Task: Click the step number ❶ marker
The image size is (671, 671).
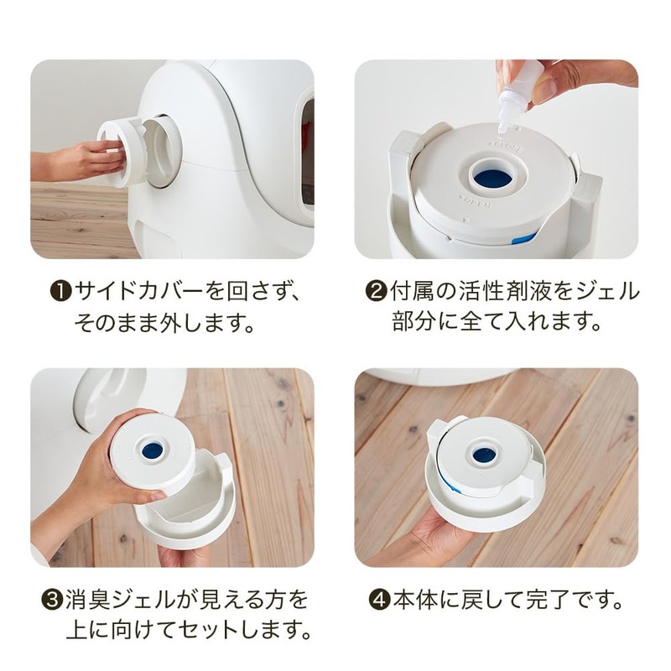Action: pos(62,292)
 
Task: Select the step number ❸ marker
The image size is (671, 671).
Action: pos(51,601)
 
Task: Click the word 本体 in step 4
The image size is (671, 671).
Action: pos(411,601)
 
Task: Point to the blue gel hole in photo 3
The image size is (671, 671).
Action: pos(153,451)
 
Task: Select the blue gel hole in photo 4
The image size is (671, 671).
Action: pos(483,455)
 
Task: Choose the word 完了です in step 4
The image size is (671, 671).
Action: pos(570,601)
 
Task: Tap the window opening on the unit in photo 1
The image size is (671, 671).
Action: pos(307,151)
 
